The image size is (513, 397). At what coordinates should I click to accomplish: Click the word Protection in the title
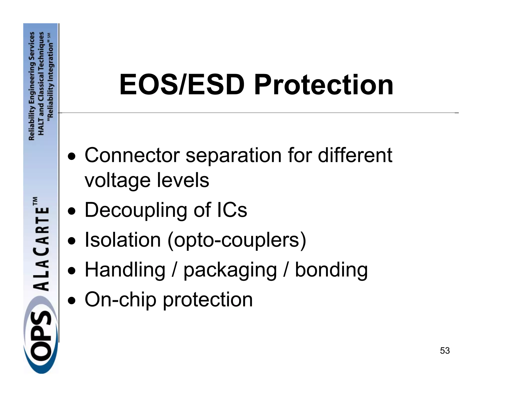[324, 85]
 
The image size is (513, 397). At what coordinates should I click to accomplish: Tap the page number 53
[445, 351]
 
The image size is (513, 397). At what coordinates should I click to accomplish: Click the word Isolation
[123, 240]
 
